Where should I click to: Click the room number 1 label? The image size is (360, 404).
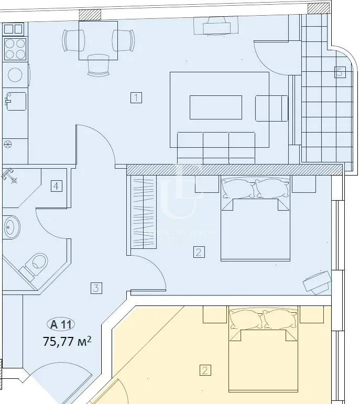tap(136, 97)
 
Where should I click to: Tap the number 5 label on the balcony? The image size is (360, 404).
tap(339, 72)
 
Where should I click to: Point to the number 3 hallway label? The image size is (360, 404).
tap(95, 287)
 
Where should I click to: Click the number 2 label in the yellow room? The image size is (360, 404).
tap(205, 370)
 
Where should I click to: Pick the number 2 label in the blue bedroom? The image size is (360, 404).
tap(198, 252)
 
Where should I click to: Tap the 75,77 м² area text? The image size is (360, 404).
tap(67, 341)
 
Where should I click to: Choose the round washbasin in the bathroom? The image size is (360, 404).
tap(10, 228)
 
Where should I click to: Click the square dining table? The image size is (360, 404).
tap(97, 40)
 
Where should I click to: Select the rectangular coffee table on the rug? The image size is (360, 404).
tap(215, 107)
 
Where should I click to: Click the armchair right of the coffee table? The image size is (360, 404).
tap(271, 108)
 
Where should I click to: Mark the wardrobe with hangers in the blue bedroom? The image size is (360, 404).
tap(143, 212)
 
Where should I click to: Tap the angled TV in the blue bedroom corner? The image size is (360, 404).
tap(317, 282)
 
